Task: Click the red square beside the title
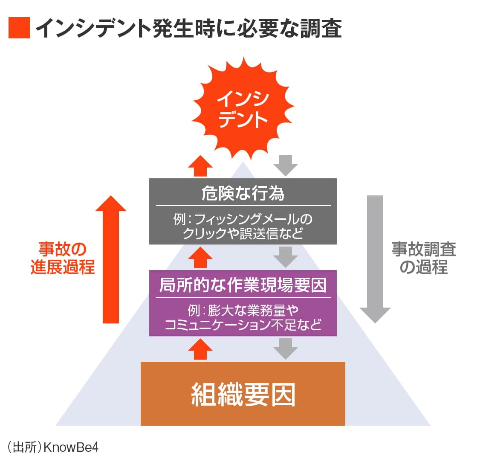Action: (x=19, y=28)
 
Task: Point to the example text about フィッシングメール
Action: (x=243, y=226)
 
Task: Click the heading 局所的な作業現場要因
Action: (x=243, y=285)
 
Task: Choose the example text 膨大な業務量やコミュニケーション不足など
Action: (x=243, y=317)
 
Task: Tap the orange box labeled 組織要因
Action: (x=243, y=394)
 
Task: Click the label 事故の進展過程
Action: (x=62, y=258)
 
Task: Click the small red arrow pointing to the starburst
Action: (x=200, y=166)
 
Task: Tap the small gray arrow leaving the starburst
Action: (x=285, y=166)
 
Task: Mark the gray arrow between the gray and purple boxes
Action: (x=285, y=257)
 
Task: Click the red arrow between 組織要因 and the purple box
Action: (x=200, y=349)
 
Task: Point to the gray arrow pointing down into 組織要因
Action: (x=285, y=349)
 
